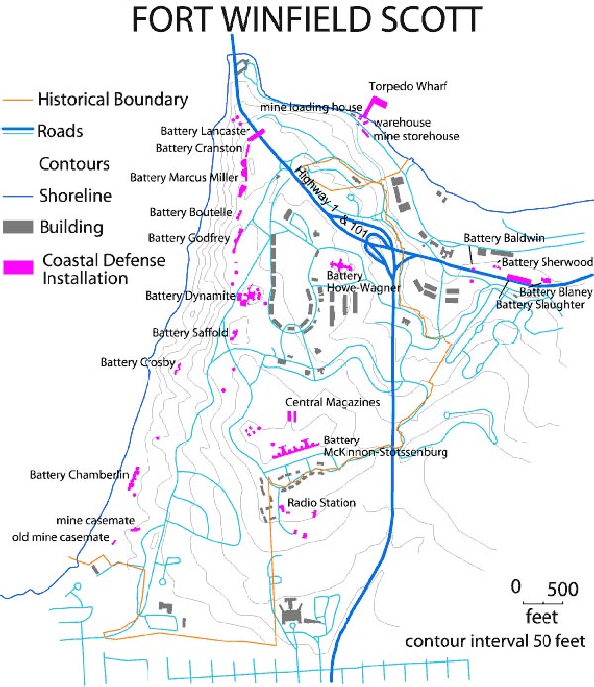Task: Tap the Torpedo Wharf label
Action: point(404,86)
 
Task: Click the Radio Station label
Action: point(322,503)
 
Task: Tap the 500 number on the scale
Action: point(563,588)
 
